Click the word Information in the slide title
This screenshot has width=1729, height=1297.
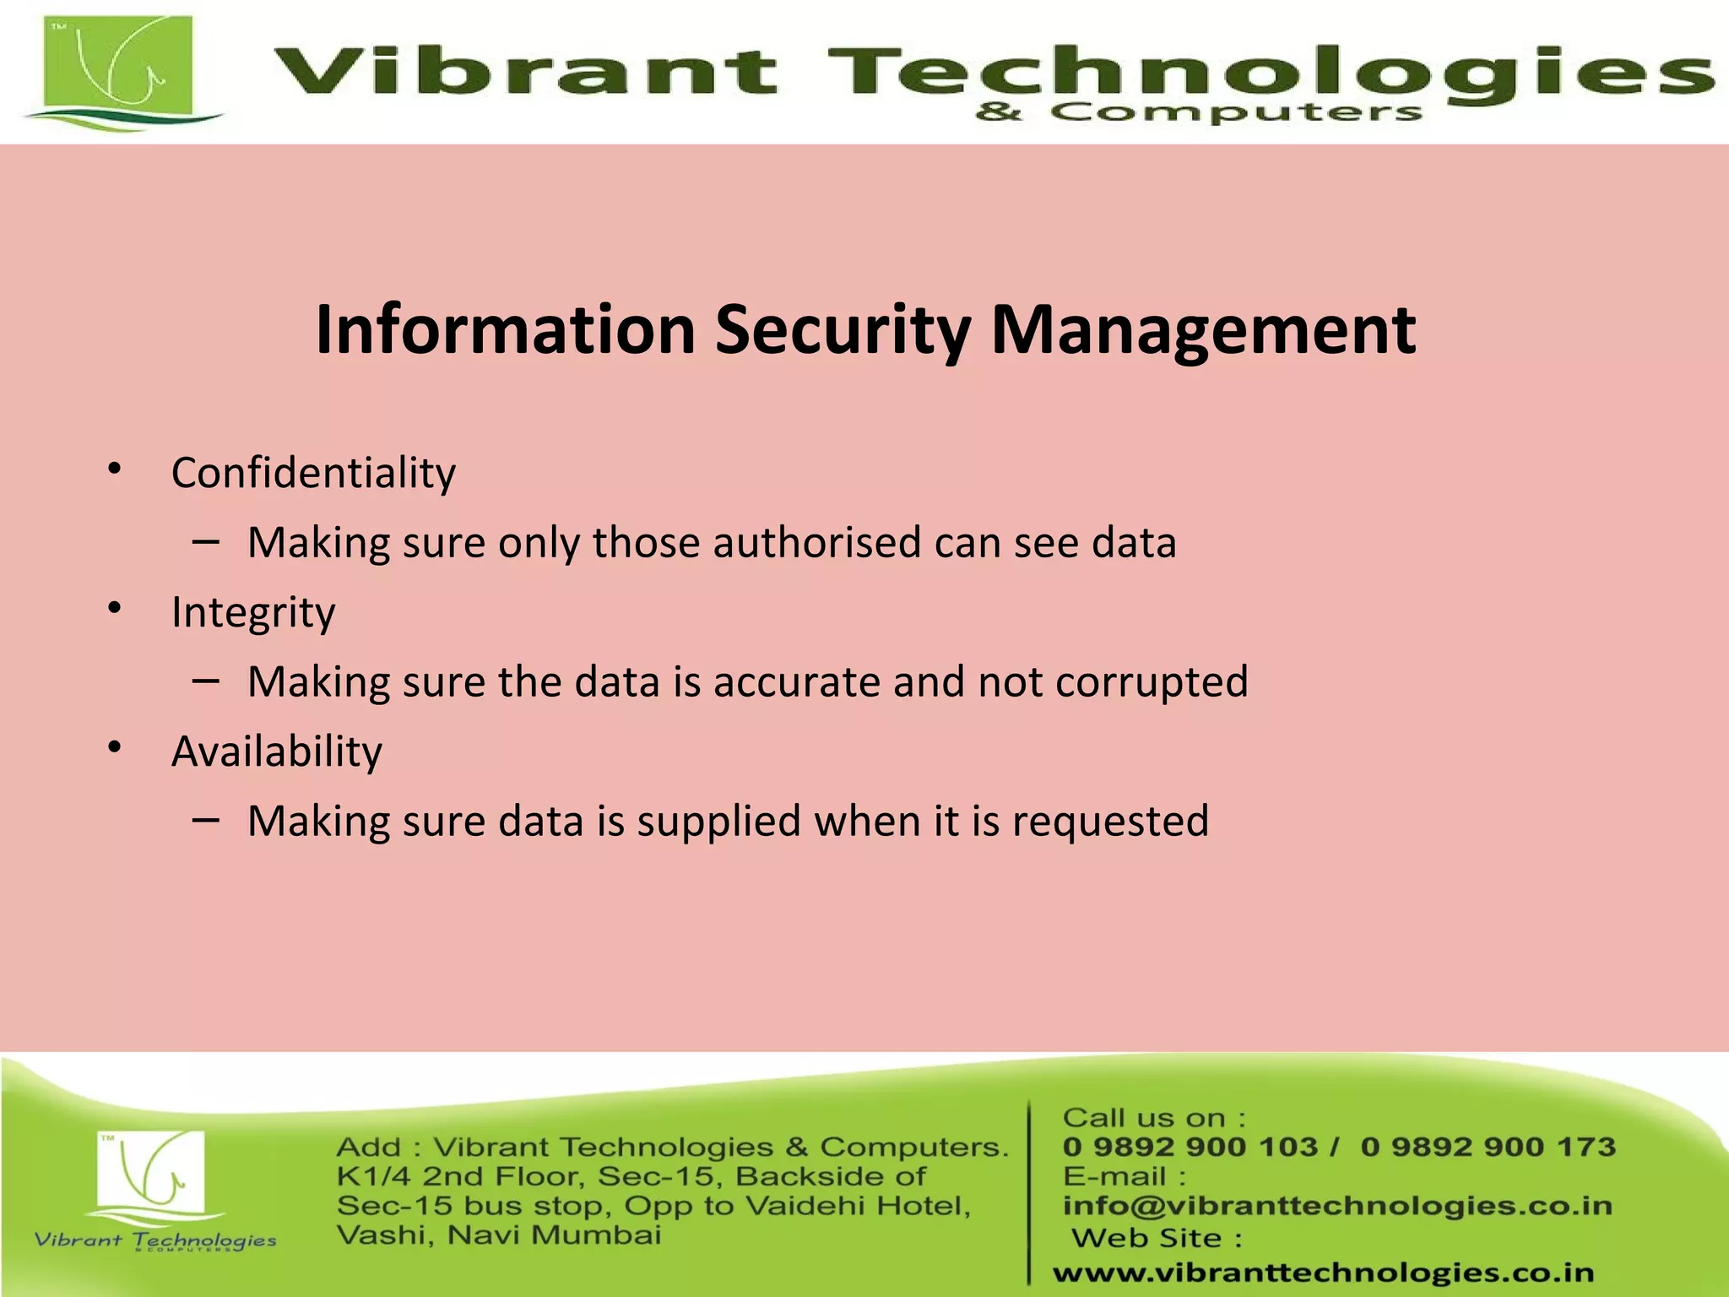pyautogui.click(x=505, y=330)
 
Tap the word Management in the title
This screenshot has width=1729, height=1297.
pyautogui.click(x=1203, y=330)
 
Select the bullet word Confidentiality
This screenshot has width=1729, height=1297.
pyautogui.click(x=313, y=473)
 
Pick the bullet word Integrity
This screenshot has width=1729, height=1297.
pyautogui.click(x=253, y=612)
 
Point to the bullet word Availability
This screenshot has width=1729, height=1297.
pyautogui.click(x=276, y=752)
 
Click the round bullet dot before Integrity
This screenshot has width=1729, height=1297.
pyautogui.click(x=115, y=607)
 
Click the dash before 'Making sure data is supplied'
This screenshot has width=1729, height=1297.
pyautogui.click(x=206, y=819)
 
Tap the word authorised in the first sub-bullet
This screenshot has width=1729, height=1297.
pyautogui.click(x=816, y=543)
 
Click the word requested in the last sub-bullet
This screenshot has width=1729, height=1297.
pyautogui.click(x=1110, y=822)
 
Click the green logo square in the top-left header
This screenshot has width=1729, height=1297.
pyautogui.click(x=118, y=69)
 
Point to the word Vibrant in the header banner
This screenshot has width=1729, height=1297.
pyautogui.click(x=525, y=71)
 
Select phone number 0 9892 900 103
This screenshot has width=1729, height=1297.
pyautogui.click(x=1190, y=1147)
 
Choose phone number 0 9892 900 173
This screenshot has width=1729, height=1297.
pyautogui.click(x=1488, y=1147)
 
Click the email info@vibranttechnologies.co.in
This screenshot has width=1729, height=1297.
pyautogui.click(x=1337, y=1206)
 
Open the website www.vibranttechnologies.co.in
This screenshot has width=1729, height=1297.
pyautogui.click(x=1323, y=1273)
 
